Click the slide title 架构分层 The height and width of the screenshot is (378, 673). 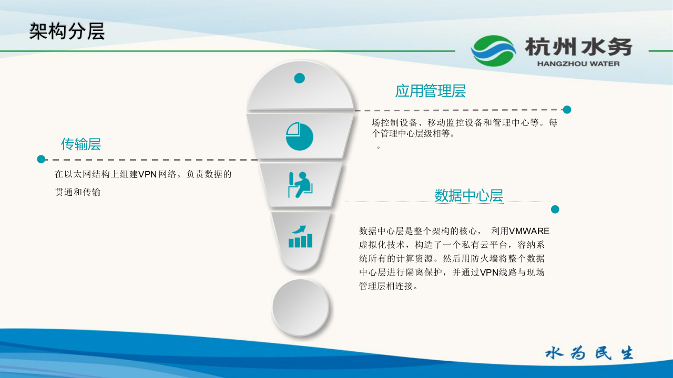[67, 31]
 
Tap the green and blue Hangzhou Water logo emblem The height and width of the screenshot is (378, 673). [493, 51]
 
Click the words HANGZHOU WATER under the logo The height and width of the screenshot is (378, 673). [578, 64]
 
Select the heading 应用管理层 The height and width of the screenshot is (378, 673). [430, 91]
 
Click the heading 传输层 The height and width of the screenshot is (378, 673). [81, 144]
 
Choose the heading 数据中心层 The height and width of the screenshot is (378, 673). [468, 195]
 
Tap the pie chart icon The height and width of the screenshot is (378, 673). [299, 136]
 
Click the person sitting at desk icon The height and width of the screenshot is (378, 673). [300, 185]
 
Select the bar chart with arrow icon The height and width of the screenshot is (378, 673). [300, 237]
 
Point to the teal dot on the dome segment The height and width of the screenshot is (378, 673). [300, 78]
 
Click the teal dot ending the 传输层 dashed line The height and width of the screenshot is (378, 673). [41, 159]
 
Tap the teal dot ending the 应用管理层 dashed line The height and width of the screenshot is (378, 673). [567, 110]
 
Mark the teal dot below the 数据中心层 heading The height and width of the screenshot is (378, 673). [555, 209]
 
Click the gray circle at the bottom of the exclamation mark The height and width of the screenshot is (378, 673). [300, 307]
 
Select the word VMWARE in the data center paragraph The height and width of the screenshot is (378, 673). [529, 231]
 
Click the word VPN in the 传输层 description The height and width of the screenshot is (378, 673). [147, 174]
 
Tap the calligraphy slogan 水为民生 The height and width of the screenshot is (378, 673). [589, 353]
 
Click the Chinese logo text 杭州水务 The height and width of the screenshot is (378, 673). [578, 47]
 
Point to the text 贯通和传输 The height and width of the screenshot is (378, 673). [78, 192]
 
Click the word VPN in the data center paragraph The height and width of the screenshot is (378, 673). [490, 272]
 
